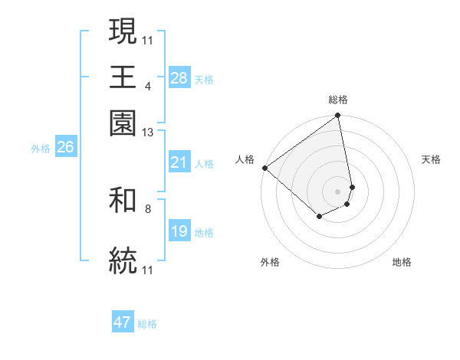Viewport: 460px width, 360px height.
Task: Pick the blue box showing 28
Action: pyautogui.click(x=179, y=78)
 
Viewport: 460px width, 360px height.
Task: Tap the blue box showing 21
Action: pyautogui.click(x=179, y=162)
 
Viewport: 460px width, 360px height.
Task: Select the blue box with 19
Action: pyautogui.click(x=179, y=231)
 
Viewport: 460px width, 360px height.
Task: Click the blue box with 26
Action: pyautogui.click(x=65, y=148)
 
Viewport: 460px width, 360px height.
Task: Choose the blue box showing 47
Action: pyautogui.click(x=123, y=322)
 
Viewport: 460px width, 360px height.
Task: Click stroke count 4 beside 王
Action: pyautogui.click(x=147, y=85)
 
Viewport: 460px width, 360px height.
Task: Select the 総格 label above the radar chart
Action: pyautogui.click(x=338, y=100)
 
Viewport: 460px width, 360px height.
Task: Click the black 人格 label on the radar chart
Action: pyautogui.click(x=245, y=159)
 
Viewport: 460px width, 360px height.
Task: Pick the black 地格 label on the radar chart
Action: pyautogui.click(x=402, y=262)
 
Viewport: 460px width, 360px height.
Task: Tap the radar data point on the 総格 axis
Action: pyautogui.click(x=338, y=116)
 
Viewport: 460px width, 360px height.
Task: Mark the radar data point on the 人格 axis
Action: pyautogui.click(x=264, y=167)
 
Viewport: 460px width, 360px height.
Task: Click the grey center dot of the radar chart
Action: pyautogui.click(x=338, y=191)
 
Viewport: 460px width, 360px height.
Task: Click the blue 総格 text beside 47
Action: pyautogui.click(x=147, y=324)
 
